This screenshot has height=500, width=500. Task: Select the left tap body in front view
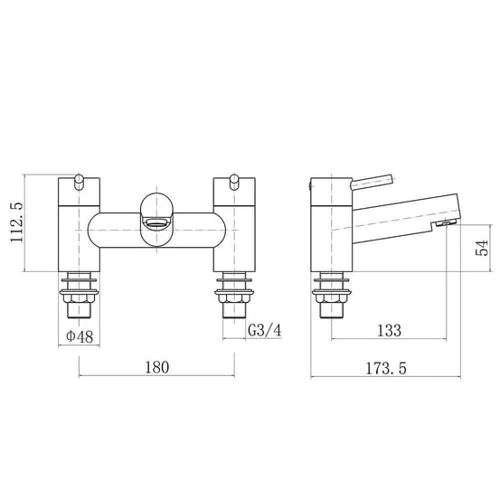pos(80,231)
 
